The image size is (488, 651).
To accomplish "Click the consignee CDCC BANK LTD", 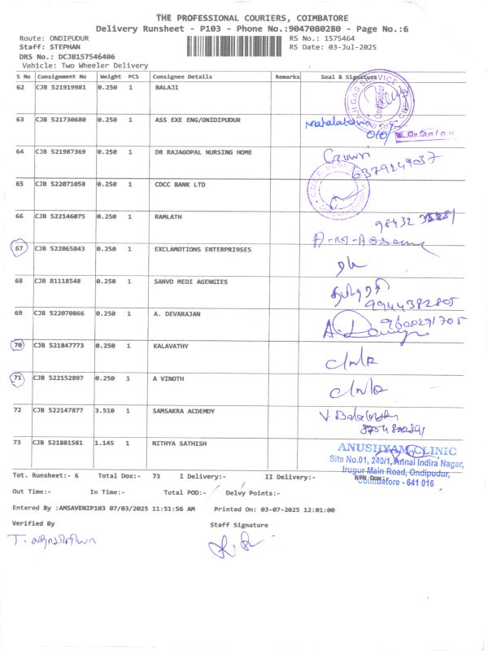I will [x=180, y=185].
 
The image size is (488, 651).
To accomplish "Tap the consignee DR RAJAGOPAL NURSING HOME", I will [x=203, y=152].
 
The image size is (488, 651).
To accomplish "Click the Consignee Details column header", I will [x=183, y=77].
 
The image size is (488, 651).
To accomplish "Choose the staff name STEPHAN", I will [x=54, y=47].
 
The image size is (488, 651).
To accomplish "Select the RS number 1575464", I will [x=338, y=38].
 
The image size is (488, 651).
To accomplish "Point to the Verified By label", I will [x=33, y=523].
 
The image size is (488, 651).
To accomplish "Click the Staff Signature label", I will [x=238, y=525].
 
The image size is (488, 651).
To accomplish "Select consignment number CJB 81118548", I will [x=57, y=282].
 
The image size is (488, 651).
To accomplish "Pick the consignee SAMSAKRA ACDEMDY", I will [x=184, y=411].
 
